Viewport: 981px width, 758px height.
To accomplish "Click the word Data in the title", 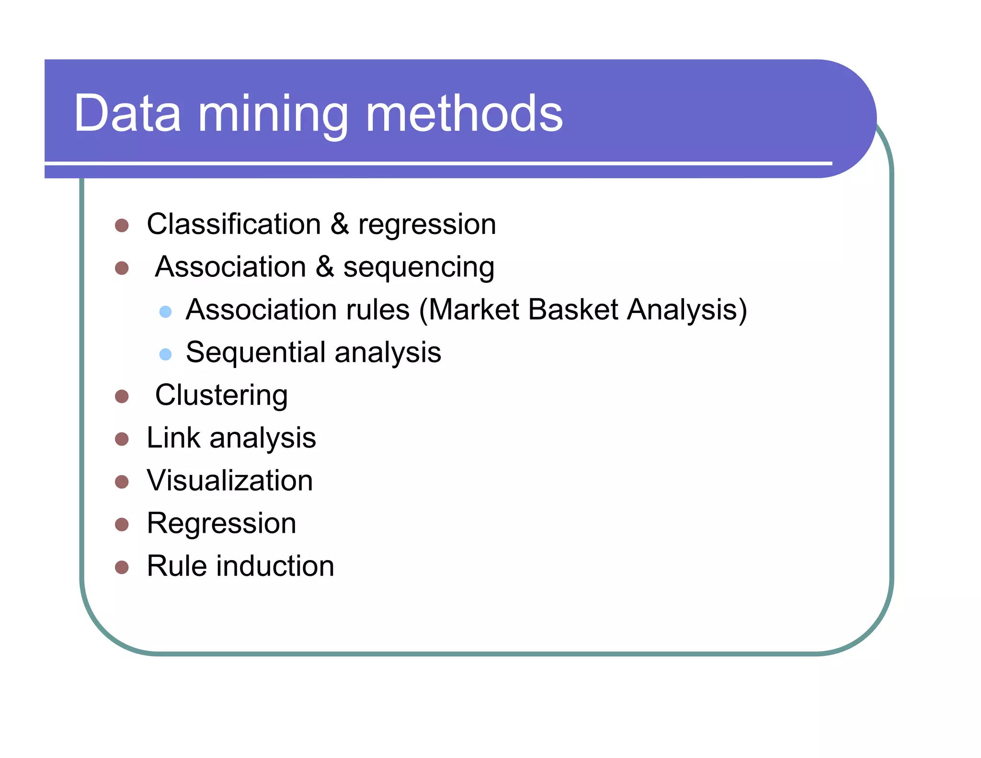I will tap(127, 114).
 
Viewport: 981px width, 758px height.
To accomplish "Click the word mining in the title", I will tap(273, 115).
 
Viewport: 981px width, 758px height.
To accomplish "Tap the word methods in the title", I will tap(464, 114).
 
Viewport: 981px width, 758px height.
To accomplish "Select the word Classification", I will tap(234, 224).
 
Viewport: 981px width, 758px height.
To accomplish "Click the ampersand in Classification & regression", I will tap(340, 224).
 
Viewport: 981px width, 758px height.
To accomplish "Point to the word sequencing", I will tap(419, 268).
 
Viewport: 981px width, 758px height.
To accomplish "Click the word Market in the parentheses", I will tap(473, 310).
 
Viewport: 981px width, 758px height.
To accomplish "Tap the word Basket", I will tap(573, 310).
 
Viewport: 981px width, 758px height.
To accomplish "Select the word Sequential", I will tap(255, 352).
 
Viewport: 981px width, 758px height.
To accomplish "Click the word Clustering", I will tap(221, 396).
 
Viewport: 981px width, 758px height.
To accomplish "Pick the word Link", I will tap(173, 437).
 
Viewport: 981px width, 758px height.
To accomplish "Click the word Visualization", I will tap(230, 481).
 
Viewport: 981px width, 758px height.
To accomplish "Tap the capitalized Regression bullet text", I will tap(221, 524).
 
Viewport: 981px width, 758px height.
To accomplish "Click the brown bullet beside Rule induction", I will tap(122, 567).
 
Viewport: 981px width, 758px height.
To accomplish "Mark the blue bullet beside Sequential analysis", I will tap(165, 354).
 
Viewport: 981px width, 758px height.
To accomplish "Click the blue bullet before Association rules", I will tap(165, 312).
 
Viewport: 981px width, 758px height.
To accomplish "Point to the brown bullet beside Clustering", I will tap(122, 397).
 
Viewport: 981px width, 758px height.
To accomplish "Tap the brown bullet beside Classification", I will tap(122, 226).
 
